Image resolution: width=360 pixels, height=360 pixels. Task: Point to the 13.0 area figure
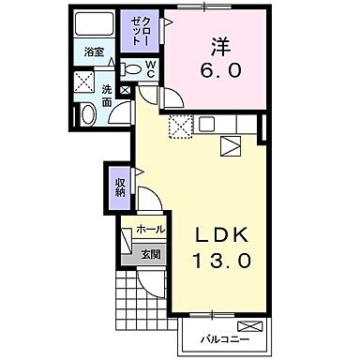(223, 262)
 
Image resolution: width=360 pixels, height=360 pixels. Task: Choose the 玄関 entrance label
(151, 253)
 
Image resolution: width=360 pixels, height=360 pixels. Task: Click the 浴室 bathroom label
(92, 52)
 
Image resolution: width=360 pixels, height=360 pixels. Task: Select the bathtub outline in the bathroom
(94, 25)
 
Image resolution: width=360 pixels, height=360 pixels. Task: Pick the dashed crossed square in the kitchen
(178, 127)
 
